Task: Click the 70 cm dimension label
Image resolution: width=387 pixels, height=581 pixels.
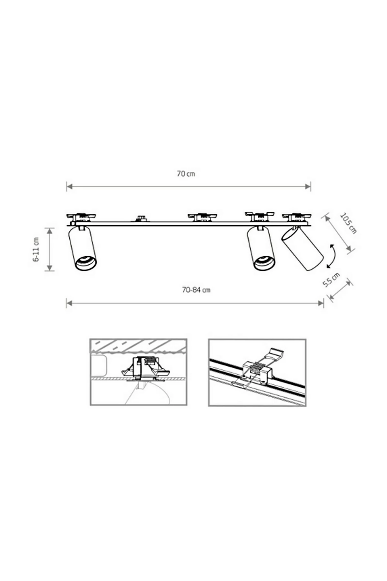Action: pos(186,174)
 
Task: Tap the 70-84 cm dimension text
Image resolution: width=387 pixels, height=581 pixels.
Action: pos(196,290)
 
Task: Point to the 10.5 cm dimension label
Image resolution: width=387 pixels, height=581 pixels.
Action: pos(349,223)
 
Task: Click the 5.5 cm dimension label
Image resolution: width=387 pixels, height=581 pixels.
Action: pos(331,280)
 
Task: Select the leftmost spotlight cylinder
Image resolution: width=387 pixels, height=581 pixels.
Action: pos(82,248)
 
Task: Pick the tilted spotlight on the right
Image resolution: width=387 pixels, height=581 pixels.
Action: pos(302,249)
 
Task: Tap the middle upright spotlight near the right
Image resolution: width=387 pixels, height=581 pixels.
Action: pos(261,248)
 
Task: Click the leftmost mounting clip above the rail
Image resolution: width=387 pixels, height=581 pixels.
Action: pos(81,217)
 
